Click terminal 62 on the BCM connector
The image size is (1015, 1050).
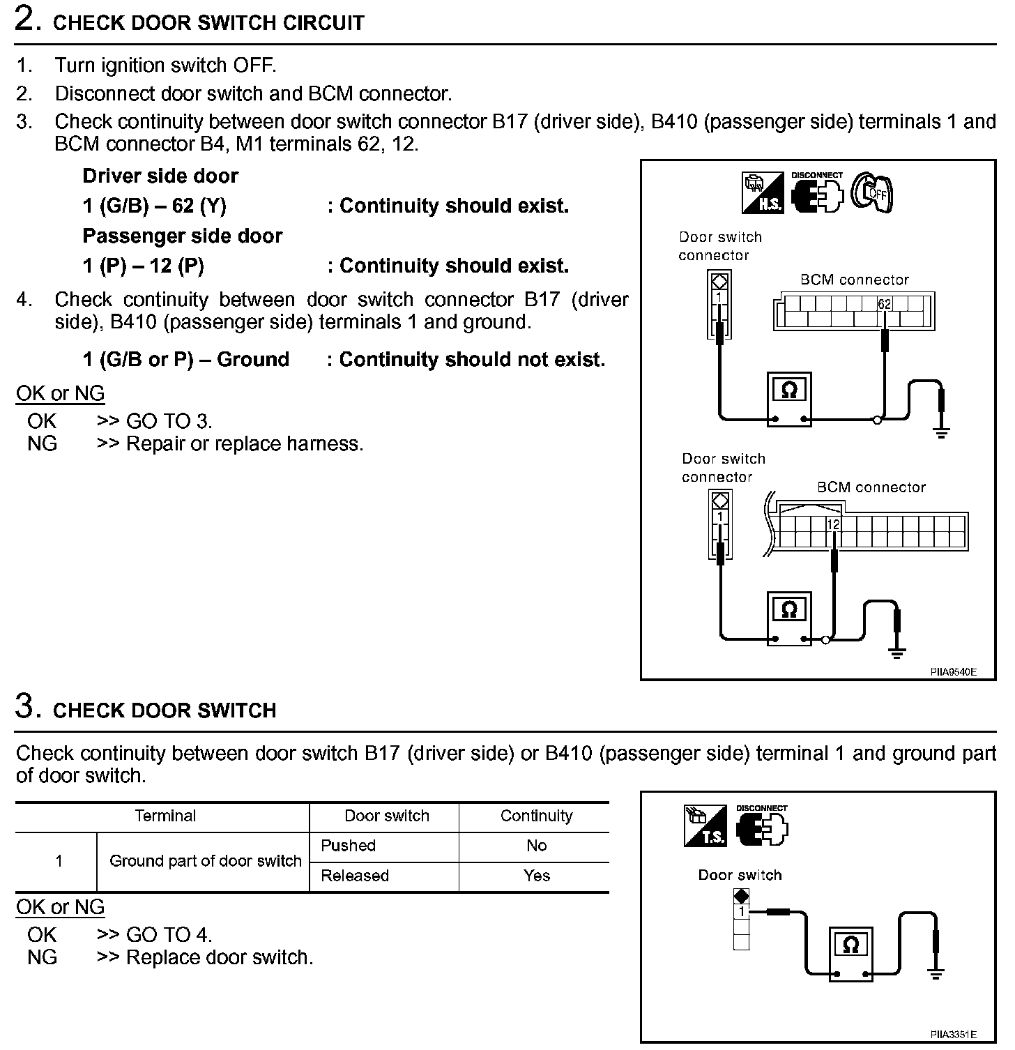(x=884, y=304)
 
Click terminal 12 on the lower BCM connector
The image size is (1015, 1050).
(x=833, y=524)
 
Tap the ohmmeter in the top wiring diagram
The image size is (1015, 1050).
(x=789, y=399)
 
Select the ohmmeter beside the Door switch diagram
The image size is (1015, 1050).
(x=850, y=954)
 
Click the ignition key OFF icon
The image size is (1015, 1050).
(x=872, y=192)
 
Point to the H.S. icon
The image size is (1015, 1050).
(x=763, y=193)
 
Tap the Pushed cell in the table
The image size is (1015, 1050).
(x=349, y=846)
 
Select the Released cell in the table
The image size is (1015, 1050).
(x=355, y=876)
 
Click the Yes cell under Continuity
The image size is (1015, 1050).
(x=536, y=876)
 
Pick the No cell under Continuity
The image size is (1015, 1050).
(x=536, y=846)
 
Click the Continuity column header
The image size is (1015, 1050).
(x=536, y=816)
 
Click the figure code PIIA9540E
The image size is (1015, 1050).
(x=953, y=672)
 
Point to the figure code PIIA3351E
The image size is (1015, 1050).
(x=953, y=1035)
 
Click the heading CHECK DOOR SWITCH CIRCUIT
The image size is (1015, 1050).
(x=208, y=23)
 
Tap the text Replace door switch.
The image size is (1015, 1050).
(x=220, y=957)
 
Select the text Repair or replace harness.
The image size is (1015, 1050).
(x=245, y=444)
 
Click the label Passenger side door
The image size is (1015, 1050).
(x=182, y=236)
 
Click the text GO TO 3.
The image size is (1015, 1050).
(x=169, y=421)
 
